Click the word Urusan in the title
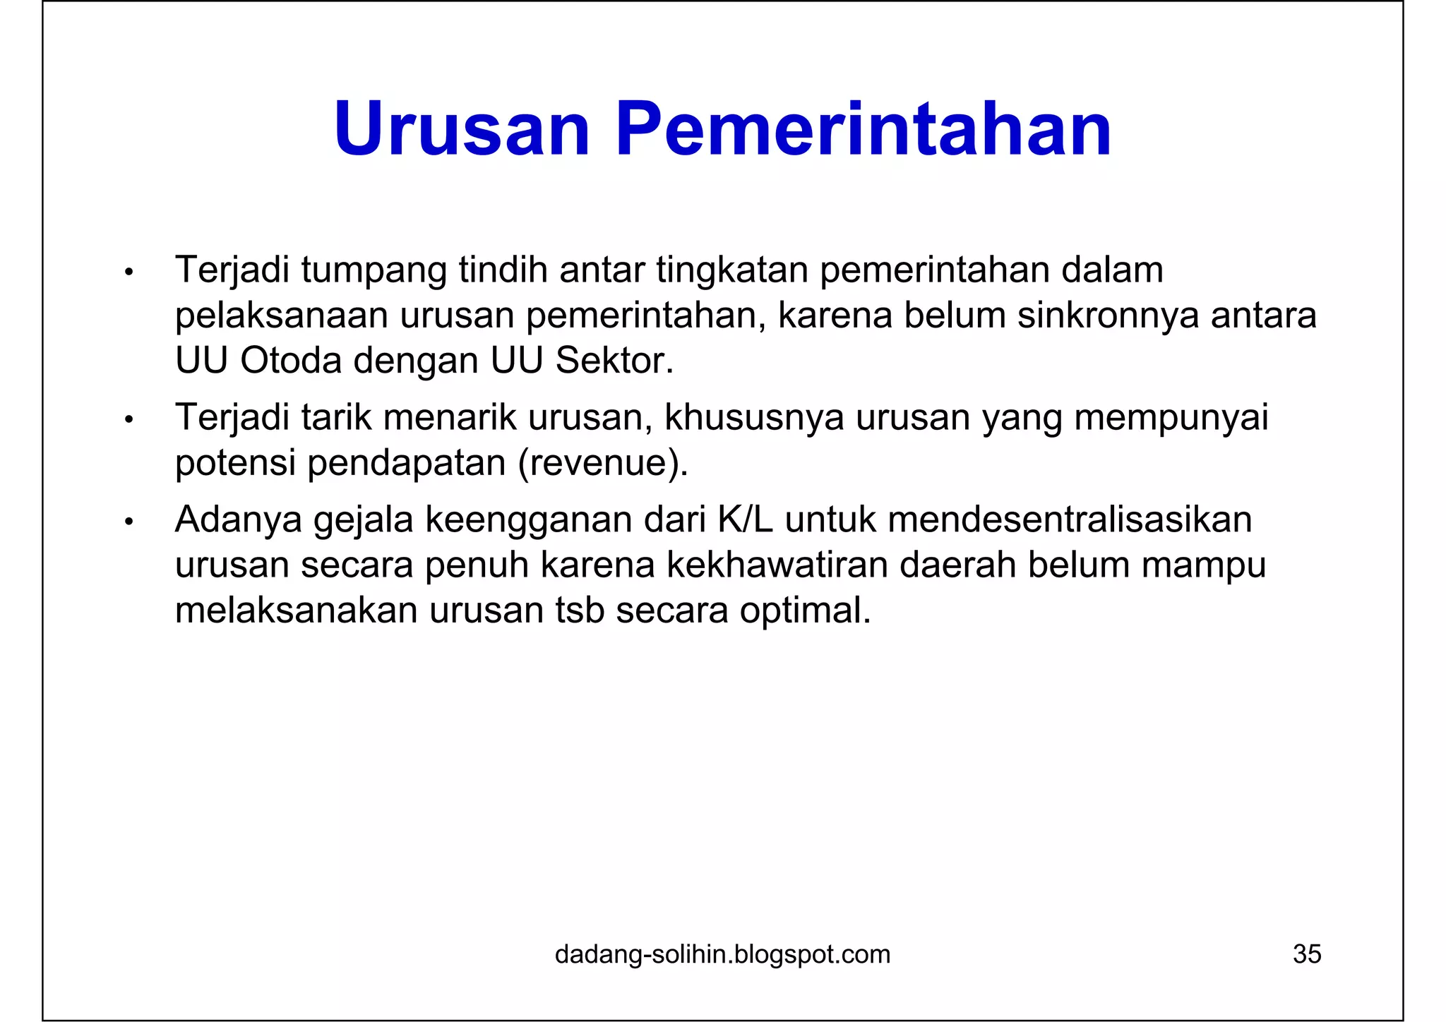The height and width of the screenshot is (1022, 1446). tap(462, 130)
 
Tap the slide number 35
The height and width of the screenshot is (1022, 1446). tap(1306, 954)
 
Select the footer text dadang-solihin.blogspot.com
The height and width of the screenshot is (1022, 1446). tap(722, 954)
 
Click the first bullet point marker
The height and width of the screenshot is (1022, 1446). tap(129, 272)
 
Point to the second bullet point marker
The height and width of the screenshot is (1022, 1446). tap(129, 420)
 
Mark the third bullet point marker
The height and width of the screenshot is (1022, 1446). tap(129, 522)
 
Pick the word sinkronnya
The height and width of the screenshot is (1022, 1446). tap(1108, 315)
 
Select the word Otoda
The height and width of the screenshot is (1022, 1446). tap(290, 361)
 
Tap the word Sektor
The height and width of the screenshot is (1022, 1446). tap(614, 361)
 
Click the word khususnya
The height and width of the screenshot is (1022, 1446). tap(753, 418)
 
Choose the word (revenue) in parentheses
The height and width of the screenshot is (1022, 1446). tap(602, 464)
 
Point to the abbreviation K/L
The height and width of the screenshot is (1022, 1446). tap(746, 520)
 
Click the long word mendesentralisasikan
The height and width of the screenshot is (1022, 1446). tap(1070, 520)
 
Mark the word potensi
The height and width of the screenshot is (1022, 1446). tap(235, 464)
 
